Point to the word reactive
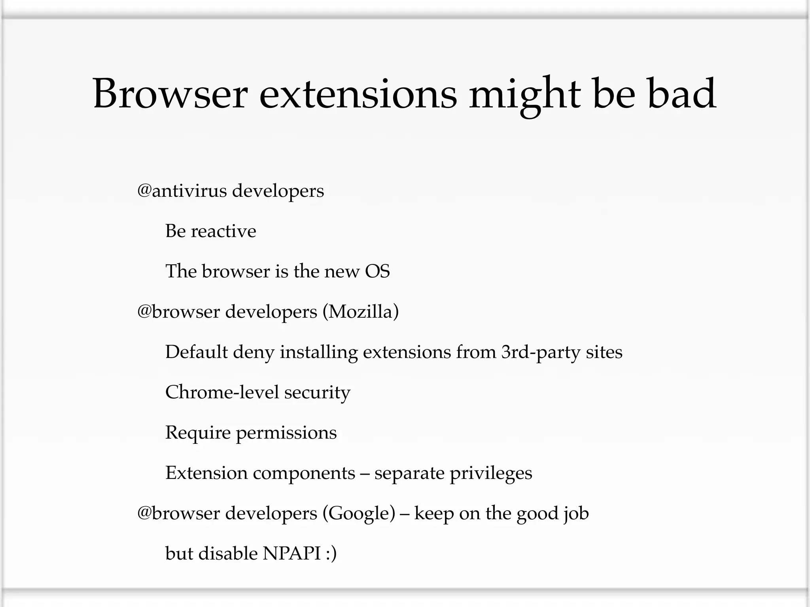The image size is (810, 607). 223,231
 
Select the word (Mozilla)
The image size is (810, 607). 360,312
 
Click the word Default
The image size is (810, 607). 196,352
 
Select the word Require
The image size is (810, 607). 198,433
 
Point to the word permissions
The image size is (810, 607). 286,434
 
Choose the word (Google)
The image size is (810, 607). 359,514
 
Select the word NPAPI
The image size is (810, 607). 291,554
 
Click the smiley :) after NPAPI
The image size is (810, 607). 331,554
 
